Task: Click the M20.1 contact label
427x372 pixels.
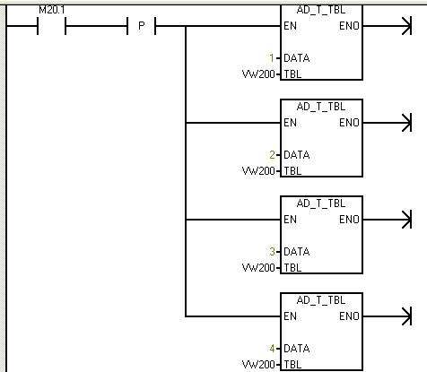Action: tap(52, 10)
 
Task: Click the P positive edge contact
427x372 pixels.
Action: tap(142, 26)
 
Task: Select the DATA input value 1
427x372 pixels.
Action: tap(272, 58)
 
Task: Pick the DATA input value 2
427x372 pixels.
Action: tap(272, 155)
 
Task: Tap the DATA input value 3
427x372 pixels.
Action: tap(272, 252)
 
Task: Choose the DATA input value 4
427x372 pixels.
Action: tap(272, 349)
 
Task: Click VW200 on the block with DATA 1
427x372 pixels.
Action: tap(258, 74)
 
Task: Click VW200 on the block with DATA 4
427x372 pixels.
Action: tap(258, 364)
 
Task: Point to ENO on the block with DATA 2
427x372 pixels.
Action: tap(349, 123)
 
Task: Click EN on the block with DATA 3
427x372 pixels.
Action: tap(290, 220)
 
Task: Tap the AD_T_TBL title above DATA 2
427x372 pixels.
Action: tap(321, 107)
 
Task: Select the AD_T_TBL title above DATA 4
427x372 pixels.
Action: tap(321, 300)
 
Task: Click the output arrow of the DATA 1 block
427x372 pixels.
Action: tap(388, 26)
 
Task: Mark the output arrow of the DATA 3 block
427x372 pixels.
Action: tap(388, 220)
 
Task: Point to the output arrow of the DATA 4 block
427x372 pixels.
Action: tap(388, 316)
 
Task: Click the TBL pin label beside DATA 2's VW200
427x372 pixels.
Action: tap(292, 171)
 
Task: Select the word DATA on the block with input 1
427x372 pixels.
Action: tap(297, 58)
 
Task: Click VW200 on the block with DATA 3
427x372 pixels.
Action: tap(258, 267)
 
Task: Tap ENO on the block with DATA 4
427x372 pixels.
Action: tap(349, 316)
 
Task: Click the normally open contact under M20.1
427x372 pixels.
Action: tap(51, 26)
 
